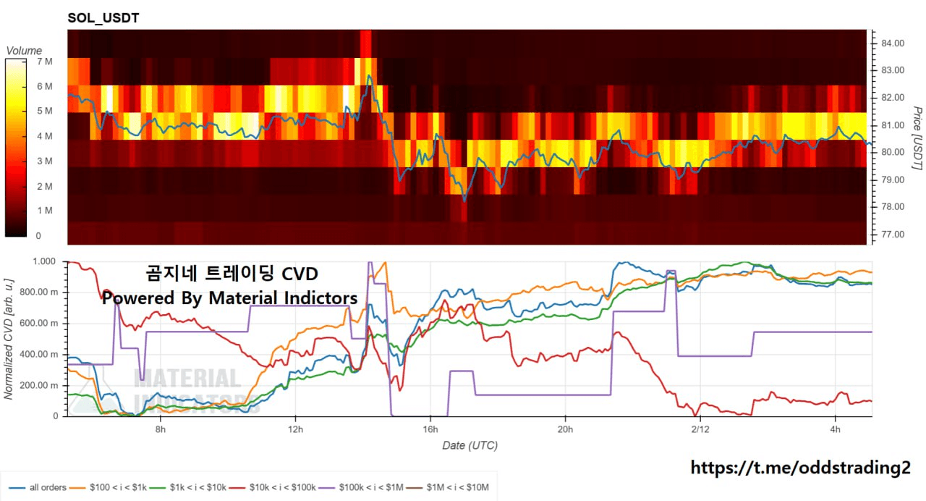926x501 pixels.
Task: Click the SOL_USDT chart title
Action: coord(103,18)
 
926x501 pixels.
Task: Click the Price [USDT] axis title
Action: coord(917,138)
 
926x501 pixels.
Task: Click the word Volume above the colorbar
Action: coord(24,51)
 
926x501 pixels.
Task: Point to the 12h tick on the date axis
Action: coord(295,429)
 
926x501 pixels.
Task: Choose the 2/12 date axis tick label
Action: coord(700,429)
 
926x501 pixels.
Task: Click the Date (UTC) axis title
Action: coord(470,445)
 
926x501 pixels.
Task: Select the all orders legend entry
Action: coord(44,487)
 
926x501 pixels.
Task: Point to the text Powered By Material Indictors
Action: coord(229,298)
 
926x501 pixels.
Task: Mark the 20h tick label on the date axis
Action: coord(565,429)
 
